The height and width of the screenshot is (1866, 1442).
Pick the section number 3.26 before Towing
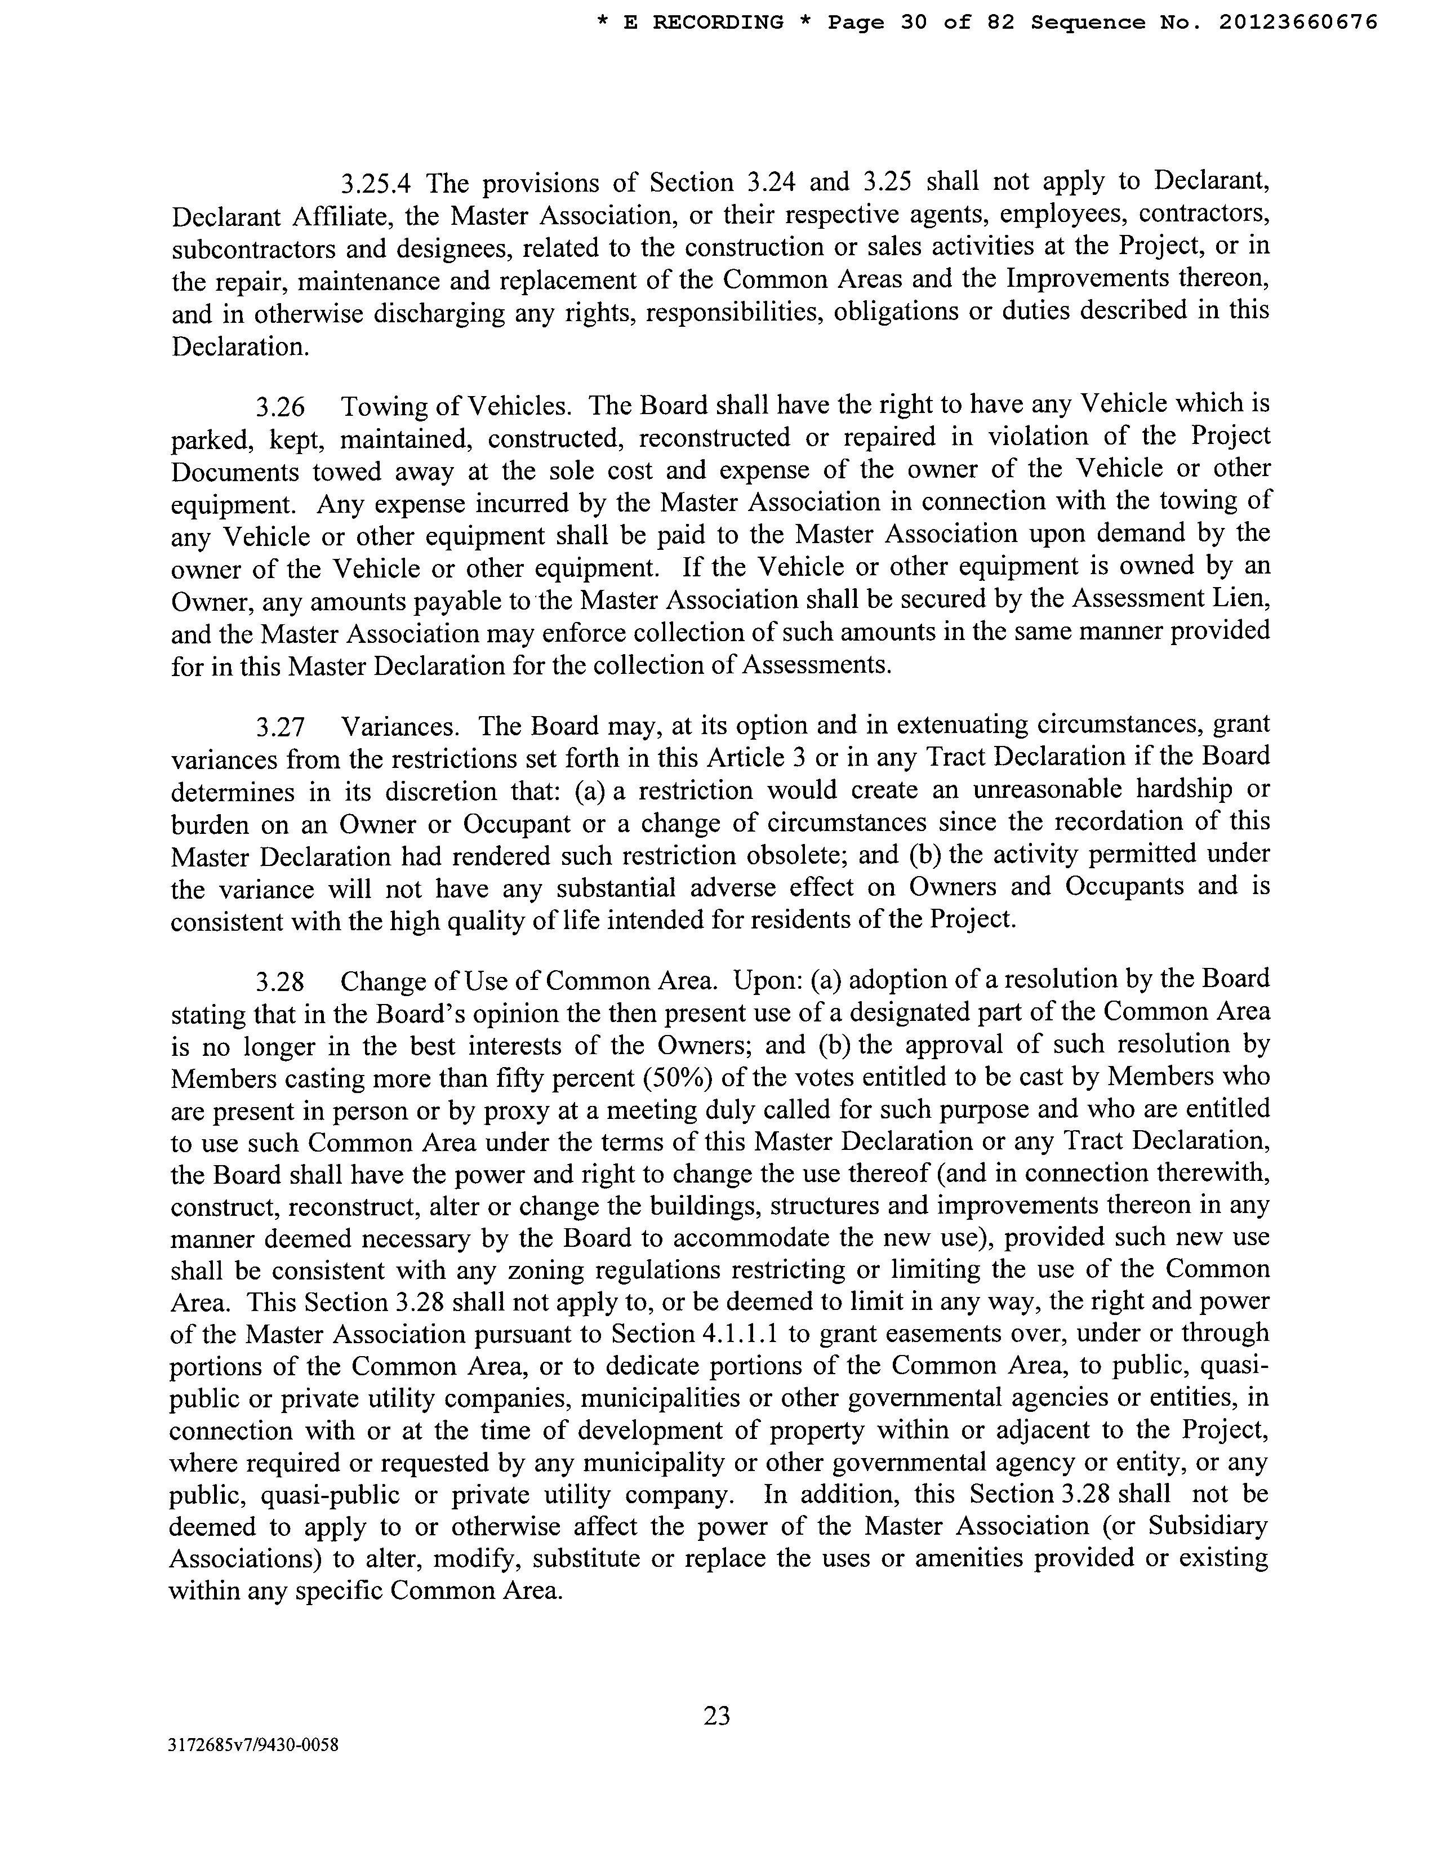pyautogui.click(x=281, y=406)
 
